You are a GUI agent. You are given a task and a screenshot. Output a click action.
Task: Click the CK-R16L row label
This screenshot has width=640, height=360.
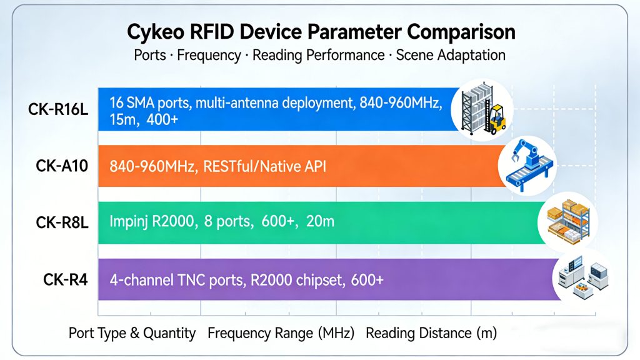58,109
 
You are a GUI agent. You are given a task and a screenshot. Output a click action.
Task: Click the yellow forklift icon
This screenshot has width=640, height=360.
496,119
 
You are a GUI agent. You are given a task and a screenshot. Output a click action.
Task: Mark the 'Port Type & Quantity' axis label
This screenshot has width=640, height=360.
132,334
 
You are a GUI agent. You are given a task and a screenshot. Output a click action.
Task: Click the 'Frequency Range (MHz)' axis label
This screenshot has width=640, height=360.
281,334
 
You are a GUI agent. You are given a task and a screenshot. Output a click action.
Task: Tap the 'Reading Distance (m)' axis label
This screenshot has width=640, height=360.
431,334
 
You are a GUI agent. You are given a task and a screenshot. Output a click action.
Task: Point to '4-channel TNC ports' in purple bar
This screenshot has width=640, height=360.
176,280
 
